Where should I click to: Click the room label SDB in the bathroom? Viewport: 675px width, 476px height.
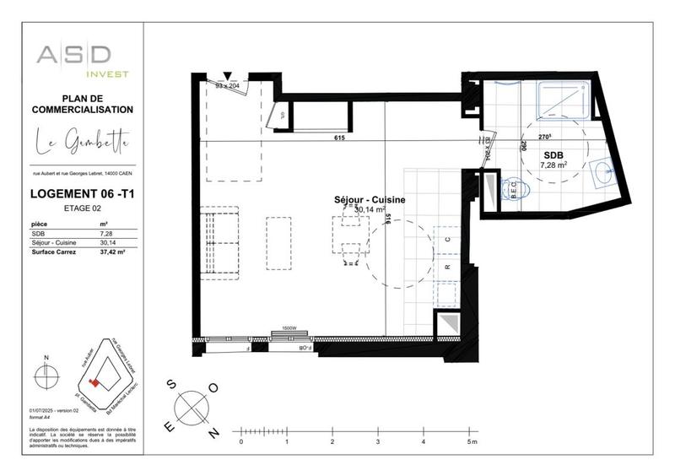[553, 155]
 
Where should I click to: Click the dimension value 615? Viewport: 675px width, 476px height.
[340, 138]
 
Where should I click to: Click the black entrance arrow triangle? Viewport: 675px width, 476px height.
[226, 75]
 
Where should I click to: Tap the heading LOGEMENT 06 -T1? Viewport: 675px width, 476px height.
[83, 194]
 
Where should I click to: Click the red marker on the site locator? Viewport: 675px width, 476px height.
[95, 382]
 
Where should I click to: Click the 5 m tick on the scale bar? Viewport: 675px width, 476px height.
[469, 441]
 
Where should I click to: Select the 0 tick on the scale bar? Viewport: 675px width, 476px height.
[241, 441]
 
